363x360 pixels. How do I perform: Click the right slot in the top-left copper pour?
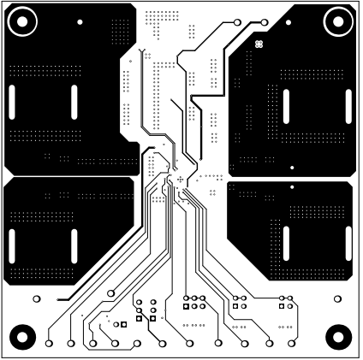coord(73,103)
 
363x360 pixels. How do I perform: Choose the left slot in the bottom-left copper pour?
coord(13,243)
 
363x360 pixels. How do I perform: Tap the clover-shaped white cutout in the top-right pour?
coord(259,41)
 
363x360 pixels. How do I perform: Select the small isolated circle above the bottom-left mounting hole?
coord(36,299)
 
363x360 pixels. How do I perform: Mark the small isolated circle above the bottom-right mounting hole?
coord(336,298)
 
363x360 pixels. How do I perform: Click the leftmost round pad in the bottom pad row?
coord(49,343)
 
